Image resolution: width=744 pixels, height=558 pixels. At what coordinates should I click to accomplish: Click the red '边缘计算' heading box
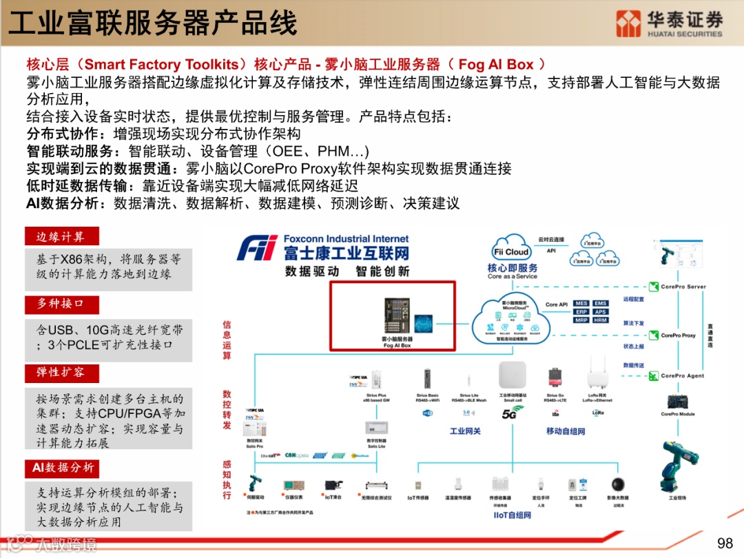click(x=61, y=237)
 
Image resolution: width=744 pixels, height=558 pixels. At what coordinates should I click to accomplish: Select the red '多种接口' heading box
click(x=61, y=304)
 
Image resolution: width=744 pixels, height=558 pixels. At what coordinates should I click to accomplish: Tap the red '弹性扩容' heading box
click(x=61, y=373)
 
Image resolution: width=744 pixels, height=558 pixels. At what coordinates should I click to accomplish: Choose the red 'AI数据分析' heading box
click(x=62, y=468)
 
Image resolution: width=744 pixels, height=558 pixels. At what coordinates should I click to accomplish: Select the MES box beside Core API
click(x=581, y=303)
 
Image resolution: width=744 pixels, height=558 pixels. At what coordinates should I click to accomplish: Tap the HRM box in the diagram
click(x=601, y=320)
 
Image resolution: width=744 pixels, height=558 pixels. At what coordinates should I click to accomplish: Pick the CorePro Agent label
click(x=683, y=376)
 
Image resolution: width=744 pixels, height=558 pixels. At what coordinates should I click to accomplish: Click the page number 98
click(x=725, y=543)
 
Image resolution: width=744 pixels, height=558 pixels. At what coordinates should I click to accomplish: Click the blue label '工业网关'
click(x=465, y=431)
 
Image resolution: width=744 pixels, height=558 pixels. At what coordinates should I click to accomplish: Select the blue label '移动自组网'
click(x=565, y=431)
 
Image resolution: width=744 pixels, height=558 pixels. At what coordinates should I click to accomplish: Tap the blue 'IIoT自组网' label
click(x=513, y=515)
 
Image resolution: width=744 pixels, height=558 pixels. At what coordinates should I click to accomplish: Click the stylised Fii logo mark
click(x=258, y=248)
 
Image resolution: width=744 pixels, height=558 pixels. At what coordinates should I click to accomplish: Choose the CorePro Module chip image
click(x=678, y=401)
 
